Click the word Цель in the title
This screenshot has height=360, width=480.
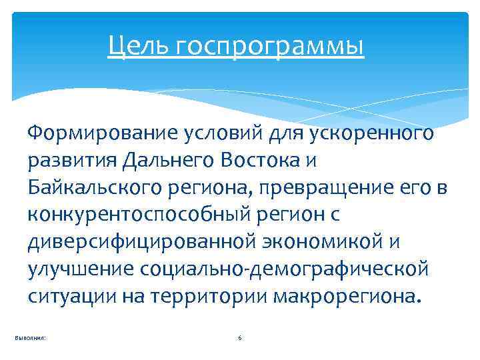pos(133,47)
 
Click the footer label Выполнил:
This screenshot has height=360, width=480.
pos(30,339)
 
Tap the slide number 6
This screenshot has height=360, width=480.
pos(240,339)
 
